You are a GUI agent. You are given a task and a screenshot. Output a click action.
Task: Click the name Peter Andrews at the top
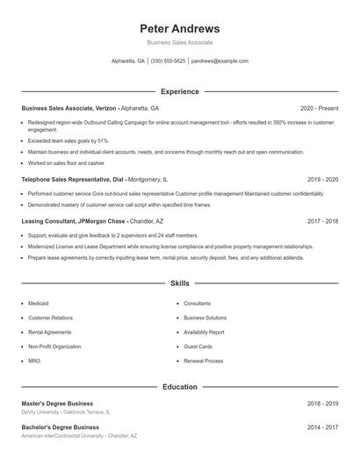pos(179,28)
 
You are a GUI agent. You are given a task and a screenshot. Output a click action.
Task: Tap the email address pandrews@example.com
pos(220,61)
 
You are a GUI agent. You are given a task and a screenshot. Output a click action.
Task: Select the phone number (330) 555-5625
pos(168,61)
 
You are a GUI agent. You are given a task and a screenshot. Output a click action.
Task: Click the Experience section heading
pos(179,91)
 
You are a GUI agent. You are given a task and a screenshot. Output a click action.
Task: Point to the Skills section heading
pos(179,283)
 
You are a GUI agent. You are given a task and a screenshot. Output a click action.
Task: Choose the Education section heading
pos(179,386)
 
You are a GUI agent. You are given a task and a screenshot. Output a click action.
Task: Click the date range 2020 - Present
pos(319,108)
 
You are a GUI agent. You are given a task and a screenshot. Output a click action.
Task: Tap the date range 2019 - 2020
pos(322,179)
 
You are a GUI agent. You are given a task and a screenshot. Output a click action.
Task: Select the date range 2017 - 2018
pos(322,221)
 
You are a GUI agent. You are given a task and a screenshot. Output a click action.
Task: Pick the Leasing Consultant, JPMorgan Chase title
pos(75,221)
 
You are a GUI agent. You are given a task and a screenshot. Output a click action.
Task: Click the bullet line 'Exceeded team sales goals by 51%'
pos(68,140)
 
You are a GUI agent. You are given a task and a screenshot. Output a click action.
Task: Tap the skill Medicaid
pos(40,304)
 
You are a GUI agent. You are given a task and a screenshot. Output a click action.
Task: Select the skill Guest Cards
pos(198,347)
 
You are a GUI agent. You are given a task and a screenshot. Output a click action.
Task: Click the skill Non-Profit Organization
pos(54,347)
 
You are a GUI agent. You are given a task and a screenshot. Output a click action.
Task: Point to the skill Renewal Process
pos(203,361)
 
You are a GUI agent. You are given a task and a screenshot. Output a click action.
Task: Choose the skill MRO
pos(34,361)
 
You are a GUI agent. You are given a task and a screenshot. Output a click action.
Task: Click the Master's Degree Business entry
pos(57,403)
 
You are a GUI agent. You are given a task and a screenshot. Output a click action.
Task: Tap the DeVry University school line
pos(66,411)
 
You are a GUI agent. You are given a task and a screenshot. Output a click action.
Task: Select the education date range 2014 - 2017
pos(322,427)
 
